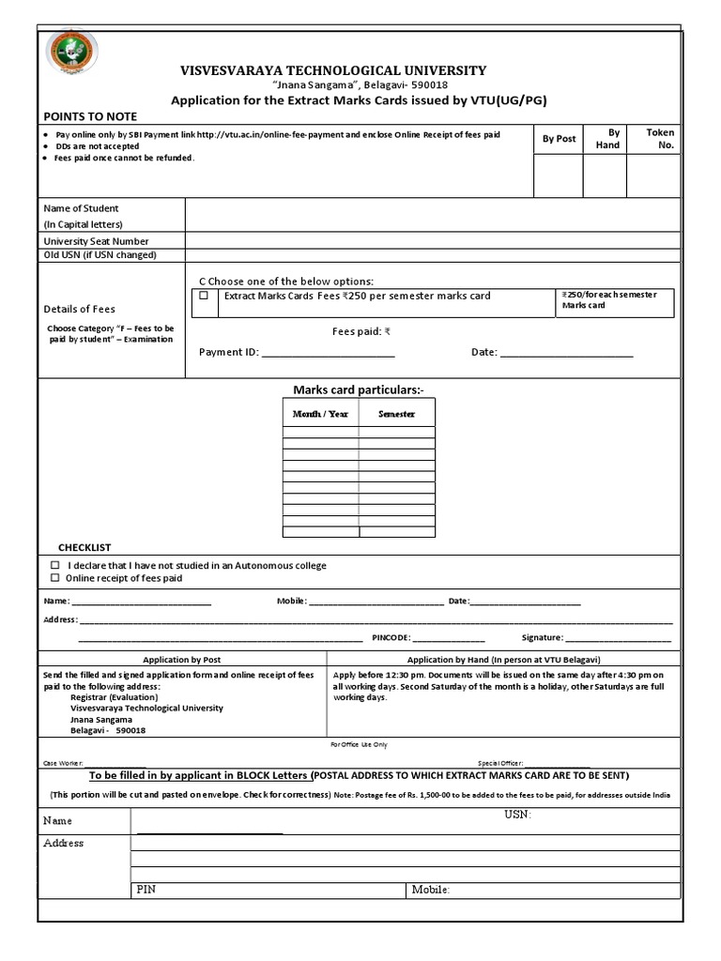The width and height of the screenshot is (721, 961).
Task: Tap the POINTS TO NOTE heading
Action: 90,116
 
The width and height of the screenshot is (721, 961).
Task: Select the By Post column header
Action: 559,138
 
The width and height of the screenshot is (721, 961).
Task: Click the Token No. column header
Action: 660,139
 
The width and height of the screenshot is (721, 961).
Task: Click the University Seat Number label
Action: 97,241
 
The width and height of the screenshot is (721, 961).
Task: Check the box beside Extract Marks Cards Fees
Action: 205,295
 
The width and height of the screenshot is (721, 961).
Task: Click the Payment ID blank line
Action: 328,354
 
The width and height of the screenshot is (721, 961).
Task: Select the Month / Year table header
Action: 320,414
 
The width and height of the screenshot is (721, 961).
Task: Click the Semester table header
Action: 396,414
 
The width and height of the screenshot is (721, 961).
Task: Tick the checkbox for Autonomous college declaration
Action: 55,565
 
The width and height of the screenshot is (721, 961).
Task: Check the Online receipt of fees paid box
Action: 55,578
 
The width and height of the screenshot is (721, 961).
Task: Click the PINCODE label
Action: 391,637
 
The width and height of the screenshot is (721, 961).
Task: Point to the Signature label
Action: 542,637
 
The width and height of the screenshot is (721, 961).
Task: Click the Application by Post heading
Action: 181,660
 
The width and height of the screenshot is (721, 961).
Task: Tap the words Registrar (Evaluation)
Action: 115,697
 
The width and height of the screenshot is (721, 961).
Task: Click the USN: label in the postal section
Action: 517,815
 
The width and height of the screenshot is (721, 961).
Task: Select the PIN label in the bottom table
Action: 146,889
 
